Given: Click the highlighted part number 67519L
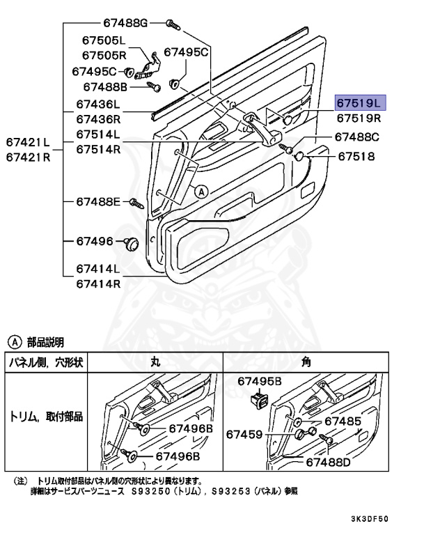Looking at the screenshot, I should tap(359, 103).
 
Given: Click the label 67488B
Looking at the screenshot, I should tap(105, 87).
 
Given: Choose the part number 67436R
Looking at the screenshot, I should tap(98, 119).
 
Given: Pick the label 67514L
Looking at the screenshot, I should tap(98, 134).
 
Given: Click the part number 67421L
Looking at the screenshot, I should tap(29, 142).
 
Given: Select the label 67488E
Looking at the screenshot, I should tap(98, 202).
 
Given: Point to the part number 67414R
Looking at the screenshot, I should tap(98, 284).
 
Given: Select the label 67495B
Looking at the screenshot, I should tap(259, 381).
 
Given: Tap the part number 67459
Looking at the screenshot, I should tap(244, 434).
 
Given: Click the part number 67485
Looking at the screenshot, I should tap(343, 421).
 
